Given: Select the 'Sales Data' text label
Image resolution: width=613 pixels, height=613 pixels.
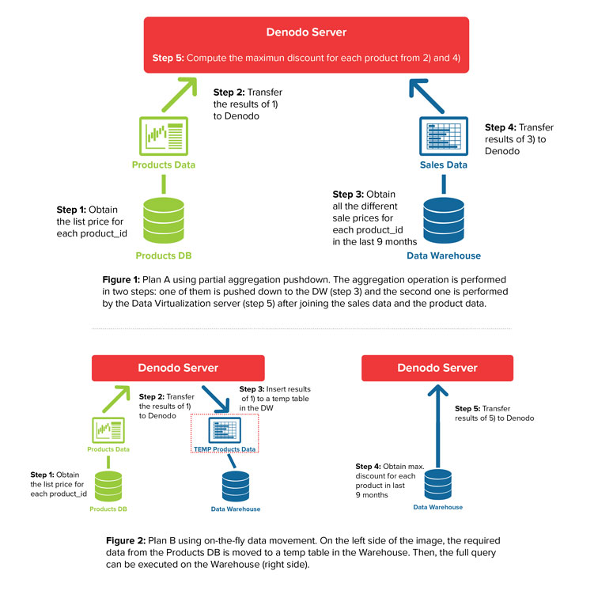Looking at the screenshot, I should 443,165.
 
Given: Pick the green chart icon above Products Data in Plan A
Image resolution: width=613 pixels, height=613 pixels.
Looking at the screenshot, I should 163,136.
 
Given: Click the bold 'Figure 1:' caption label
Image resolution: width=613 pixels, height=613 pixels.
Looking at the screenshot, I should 121,280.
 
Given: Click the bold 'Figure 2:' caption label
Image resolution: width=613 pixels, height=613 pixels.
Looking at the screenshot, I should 124,540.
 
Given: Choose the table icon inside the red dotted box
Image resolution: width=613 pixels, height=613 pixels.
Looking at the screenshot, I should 225,430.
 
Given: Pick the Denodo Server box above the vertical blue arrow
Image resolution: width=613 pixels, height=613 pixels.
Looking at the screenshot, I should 437,368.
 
